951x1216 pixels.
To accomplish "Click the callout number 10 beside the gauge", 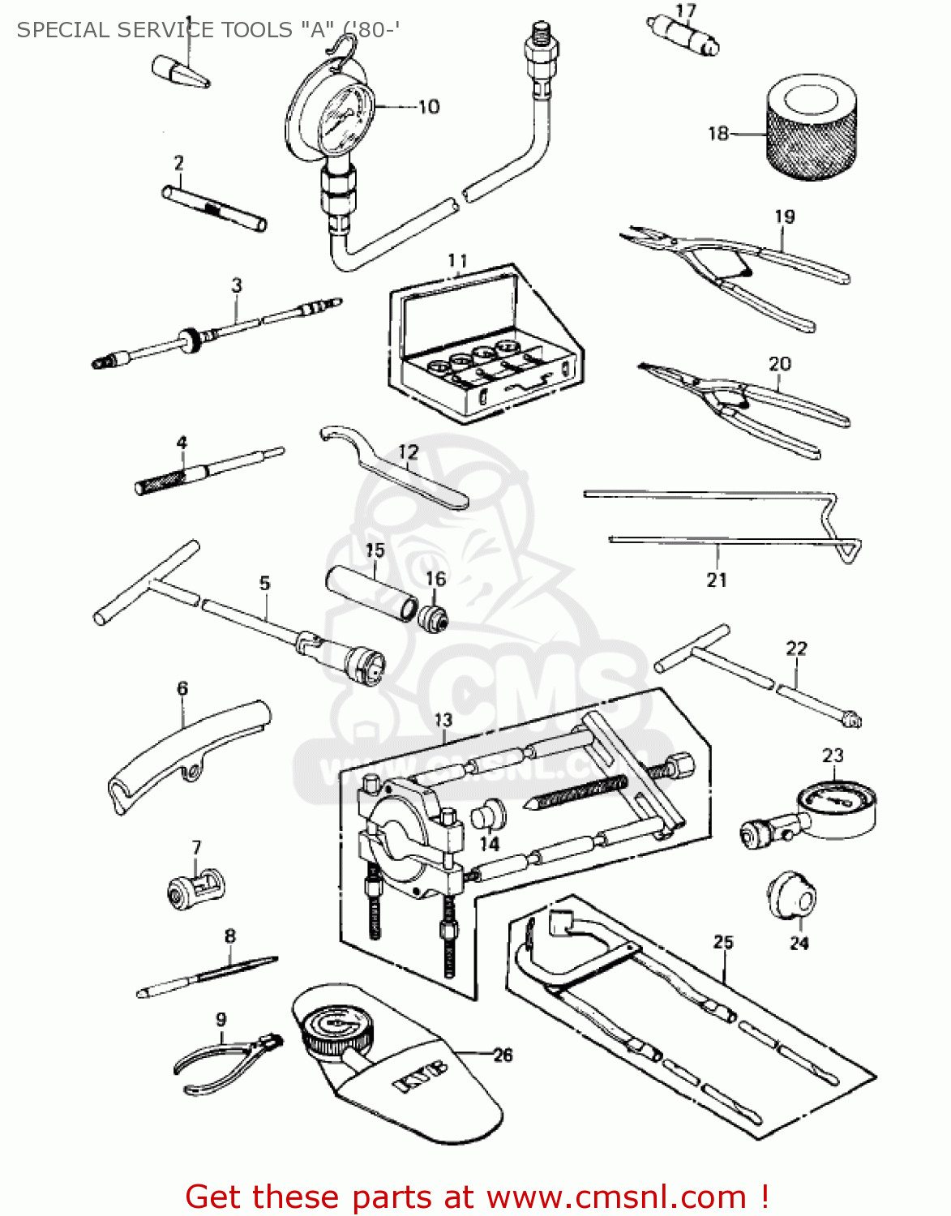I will pos(428,106).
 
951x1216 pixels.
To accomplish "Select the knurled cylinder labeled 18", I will pos(811,128).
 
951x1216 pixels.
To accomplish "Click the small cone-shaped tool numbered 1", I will pos(181,71).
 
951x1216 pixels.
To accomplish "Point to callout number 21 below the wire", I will pos(717,580).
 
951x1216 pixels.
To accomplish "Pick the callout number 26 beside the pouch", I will pos(503,1055).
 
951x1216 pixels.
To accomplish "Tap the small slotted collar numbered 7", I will pos(195,884).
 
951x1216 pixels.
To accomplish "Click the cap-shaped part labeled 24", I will pos(791,896).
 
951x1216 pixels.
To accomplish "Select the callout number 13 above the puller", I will pos(443,719).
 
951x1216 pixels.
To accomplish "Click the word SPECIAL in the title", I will pos(62,30).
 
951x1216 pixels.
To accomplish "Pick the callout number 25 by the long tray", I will pos(723,942).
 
